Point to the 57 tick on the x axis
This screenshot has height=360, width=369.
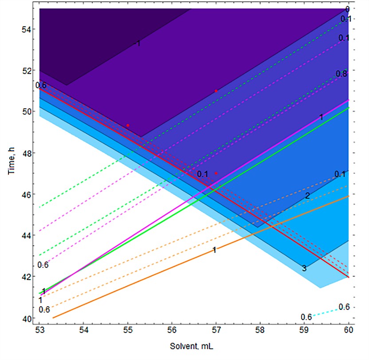click(x=216, y=330)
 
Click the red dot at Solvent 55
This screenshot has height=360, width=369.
click(x=128, y=126)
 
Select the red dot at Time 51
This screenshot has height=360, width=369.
click(x=216, y=91)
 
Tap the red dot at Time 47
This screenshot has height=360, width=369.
click(x=216, y=174)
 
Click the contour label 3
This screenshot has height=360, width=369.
click(x=304, y=268)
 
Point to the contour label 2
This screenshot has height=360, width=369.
click(x=307, y=196)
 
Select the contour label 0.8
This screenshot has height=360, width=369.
click(x=342, y=74)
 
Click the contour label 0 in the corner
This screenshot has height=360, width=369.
click(x=348, y=9)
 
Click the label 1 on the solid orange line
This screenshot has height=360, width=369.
click(x=214, y=250)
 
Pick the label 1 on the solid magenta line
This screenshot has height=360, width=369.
click(x=322, y=117)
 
